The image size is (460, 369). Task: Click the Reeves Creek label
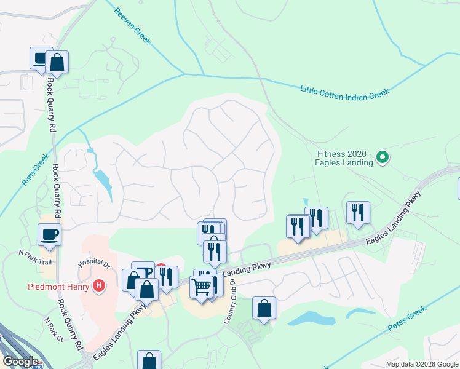pos(132,25)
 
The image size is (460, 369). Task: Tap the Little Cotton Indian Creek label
pos(344,91)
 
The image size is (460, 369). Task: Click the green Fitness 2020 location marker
pos(383,158)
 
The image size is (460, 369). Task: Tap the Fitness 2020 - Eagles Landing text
pos(345,158)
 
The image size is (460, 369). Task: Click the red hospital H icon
pos(98,286)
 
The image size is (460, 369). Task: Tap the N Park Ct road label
pos(54,330)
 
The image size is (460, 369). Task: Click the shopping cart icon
pos(202,287)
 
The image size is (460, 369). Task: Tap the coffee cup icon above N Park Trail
pos(49,234)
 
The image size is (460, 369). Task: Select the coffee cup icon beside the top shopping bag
pos(41,59)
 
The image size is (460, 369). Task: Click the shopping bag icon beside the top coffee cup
pos(57,62)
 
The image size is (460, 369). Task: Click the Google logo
pos(20,361)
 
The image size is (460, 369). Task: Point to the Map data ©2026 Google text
pos(422,364)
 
